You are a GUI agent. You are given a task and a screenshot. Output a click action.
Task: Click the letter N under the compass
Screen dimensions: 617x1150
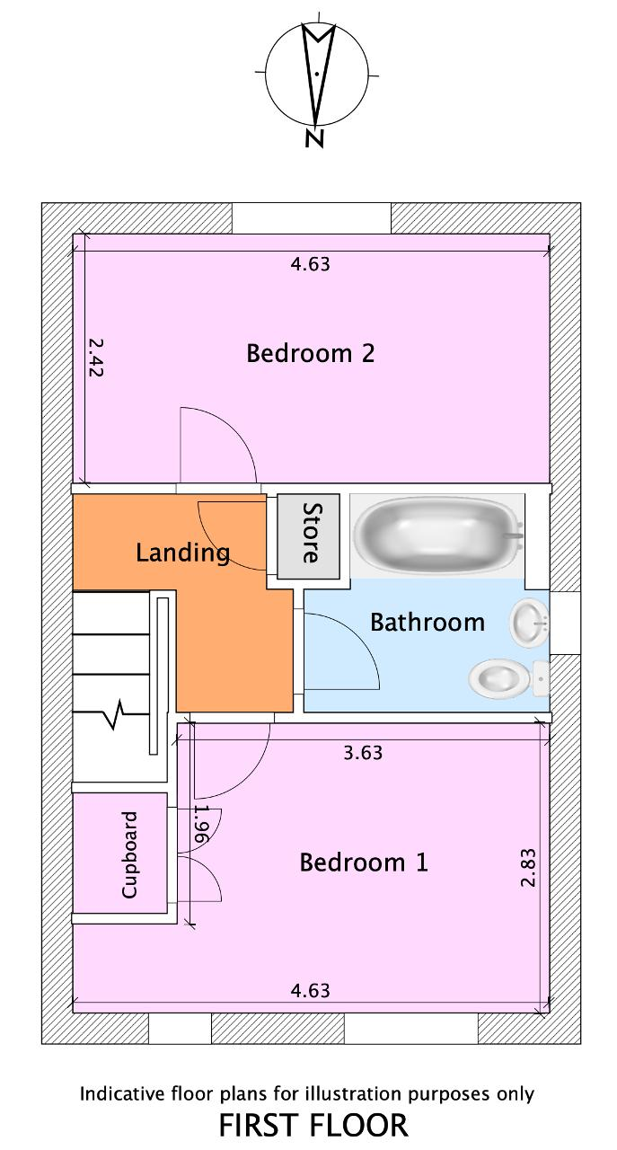click(314, 138)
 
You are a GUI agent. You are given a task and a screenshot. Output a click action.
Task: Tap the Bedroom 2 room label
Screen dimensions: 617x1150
click(311, 353)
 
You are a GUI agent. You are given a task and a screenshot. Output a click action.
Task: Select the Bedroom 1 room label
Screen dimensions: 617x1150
click(364, 862)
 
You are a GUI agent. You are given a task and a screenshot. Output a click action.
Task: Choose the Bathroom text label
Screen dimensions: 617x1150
click(427, 623)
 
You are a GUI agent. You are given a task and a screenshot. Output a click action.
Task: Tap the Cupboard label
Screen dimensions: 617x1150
click(129, 854)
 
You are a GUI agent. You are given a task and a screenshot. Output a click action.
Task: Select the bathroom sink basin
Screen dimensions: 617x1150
click(529, 623)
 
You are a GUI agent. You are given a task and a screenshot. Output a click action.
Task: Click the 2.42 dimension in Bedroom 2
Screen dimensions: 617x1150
click(95, 358)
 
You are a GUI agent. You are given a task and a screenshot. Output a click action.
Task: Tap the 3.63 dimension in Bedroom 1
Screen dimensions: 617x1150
click(363, 753)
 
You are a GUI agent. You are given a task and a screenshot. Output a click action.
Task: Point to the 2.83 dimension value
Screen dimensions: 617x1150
click(528, 867)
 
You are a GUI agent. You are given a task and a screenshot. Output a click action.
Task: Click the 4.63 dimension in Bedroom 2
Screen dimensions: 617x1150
click(310, 264)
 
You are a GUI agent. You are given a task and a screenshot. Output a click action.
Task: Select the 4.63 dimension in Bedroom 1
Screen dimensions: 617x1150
click(310, 990)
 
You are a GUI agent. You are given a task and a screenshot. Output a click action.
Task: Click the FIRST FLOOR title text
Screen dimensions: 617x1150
click(313, 1126)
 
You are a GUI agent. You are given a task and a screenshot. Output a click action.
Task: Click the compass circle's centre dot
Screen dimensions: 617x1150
click(317, 74)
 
